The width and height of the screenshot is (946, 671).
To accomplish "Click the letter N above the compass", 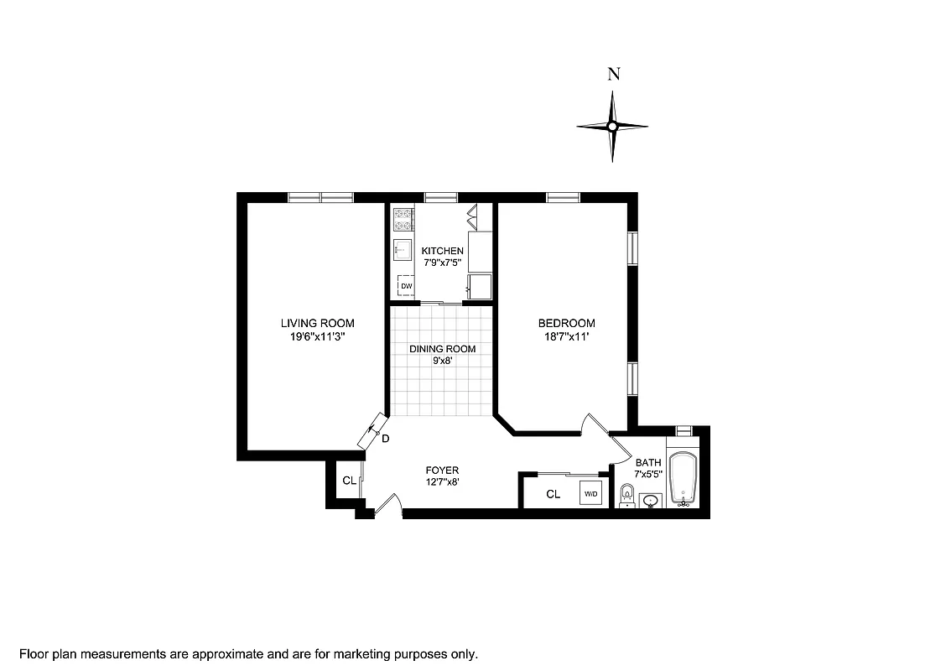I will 613,74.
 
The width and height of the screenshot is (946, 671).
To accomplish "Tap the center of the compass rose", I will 612,127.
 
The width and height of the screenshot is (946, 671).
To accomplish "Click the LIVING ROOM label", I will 317,323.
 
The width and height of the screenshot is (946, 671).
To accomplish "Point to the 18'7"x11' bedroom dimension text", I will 566,336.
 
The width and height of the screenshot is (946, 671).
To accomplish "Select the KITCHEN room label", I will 442,252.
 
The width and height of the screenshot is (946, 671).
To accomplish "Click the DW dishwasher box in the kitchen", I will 406,286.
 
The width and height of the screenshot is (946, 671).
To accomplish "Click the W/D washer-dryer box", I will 590,495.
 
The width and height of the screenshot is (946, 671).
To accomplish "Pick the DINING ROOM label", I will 442,349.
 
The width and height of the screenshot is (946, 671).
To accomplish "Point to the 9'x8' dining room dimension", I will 442,362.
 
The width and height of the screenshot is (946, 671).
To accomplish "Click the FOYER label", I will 442,471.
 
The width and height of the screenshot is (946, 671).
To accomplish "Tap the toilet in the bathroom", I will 626,496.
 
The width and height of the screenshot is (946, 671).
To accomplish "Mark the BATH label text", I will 648,462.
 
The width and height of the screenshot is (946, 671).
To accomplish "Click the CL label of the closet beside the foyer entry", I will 348,481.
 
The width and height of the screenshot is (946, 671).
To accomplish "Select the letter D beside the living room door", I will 385,439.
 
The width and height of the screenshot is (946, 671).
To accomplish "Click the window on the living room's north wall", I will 321,198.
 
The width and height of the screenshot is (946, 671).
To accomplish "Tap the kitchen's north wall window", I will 440,198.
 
